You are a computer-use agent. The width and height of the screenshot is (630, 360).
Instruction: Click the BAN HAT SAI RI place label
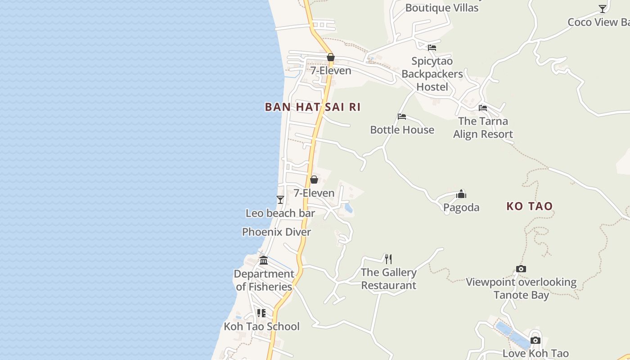point(313,107)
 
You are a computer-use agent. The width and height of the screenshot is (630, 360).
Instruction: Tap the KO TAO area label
point(529,206)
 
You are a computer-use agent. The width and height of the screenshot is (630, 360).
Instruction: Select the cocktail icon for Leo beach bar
point(280,199)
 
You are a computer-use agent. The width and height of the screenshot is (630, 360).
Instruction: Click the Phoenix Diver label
point(276,232)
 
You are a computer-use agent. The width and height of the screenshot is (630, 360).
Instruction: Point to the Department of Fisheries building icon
point(264,260)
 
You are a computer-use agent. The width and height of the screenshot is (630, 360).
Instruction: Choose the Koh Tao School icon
point(261,313)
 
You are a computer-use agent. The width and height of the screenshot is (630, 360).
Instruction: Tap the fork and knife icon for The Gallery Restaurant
point(388,259)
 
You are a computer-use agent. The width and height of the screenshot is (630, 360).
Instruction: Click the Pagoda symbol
point(461,194)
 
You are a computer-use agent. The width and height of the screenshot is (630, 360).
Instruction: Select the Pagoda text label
point(461,207)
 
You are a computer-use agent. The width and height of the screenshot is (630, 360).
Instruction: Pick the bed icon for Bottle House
point(402,117)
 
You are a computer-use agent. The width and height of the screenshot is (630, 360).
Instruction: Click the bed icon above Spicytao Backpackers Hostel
point(432,48)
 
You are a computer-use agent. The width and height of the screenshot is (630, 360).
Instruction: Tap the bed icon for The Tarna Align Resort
point(483,108)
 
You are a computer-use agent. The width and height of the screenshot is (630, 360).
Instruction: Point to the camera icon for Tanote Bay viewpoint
point(521,269)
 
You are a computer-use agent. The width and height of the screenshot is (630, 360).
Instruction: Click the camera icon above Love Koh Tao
point(535,340)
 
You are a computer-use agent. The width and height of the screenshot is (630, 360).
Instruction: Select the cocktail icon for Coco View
point(603,9)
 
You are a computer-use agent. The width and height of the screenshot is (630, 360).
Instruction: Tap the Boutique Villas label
point(441,8)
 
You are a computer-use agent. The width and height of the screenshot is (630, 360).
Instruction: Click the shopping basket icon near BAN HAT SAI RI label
point(331,57)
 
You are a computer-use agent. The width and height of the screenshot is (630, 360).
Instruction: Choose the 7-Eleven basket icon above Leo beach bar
point(314,180)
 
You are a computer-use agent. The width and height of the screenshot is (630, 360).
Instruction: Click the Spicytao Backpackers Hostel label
point(432,74)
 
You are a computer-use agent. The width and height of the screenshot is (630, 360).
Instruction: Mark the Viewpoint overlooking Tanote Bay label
point(521,288)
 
